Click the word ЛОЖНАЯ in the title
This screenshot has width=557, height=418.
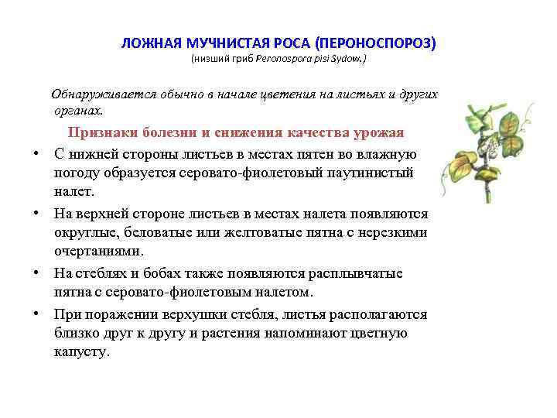(147, 42)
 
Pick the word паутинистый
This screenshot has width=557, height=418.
(374, 173)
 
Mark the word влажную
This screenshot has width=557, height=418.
(387, 153)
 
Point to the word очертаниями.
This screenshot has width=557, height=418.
(98, 252)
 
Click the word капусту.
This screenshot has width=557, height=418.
(81, 353)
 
